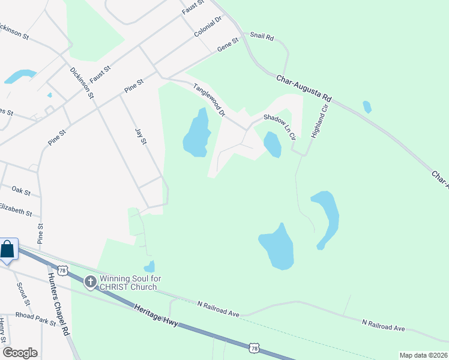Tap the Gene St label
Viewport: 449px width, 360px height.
pos(228,44)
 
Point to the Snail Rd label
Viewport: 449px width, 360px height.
pos(261,37)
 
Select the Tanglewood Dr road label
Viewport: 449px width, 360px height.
pos(209,100)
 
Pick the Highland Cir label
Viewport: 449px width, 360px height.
pos(319,121)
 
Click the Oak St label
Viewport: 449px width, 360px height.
pos(21,190)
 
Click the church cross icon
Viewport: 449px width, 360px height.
pos(90,281)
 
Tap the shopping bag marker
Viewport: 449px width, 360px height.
pos(8,249)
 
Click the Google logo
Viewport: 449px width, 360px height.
pos(20,353)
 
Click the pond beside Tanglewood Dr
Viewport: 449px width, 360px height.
pos(197,133)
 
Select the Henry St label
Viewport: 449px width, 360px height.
pos(3,329)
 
